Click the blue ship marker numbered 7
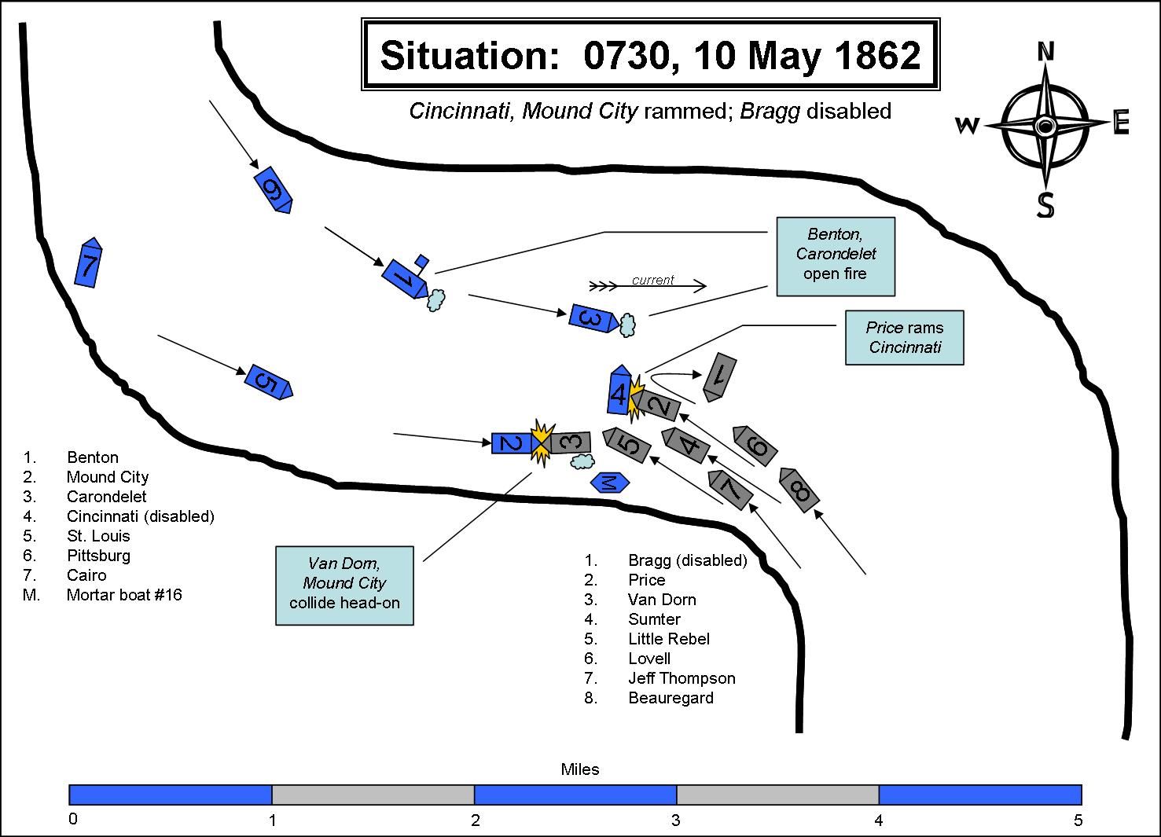click(88, 262)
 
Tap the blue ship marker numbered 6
click(273, 189)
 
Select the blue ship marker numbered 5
click(269, 382)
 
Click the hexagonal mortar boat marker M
click(610, 483)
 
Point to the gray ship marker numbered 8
click(799, 490)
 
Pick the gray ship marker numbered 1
click(719, 377)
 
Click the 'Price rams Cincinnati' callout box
click(905, 337)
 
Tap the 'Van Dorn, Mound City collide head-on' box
click(344, 586)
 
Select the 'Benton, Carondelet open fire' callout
click(836, 256)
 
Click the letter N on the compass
click(1045, 52)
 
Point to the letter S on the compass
click(1045, 204)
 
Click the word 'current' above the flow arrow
click(652, 280)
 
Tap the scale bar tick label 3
click(675, 820)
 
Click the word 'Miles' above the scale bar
click(580, 769)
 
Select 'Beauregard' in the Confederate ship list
click(671, 698)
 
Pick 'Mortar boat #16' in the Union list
click(124, 594)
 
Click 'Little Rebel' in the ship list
click(669, 638)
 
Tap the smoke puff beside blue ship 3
click(628, 325)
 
